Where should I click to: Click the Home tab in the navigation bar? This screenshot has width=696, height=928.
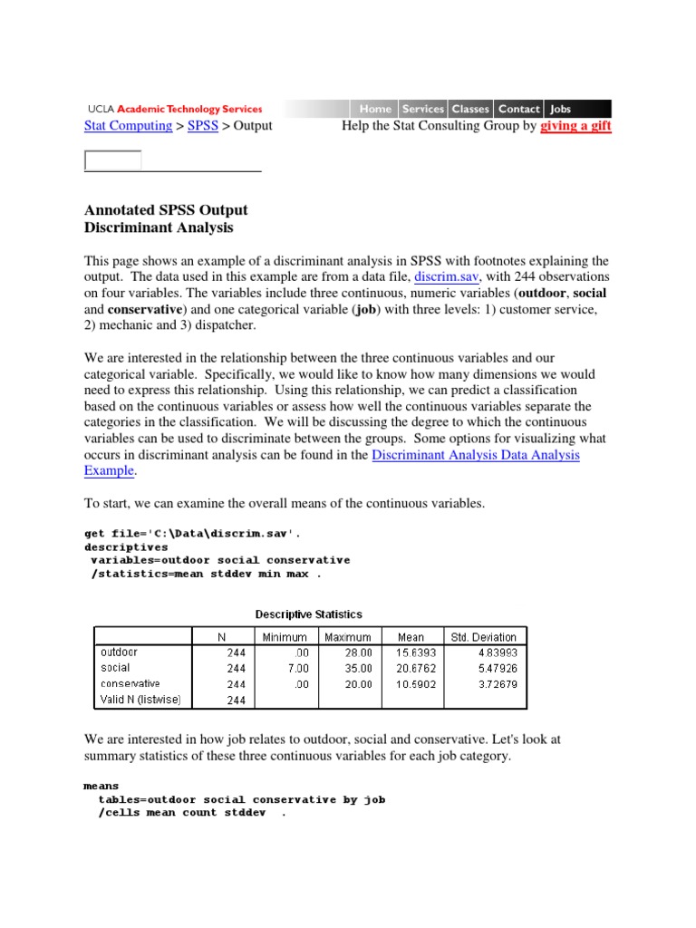coord(375,109)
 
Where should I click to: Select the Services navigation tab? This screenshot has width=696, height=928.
coord(423,109)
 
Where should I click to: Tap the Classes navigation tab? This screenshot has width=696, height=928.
coord(470,109)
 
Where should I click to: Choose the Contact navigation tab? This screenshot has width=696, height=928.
coord(518,109)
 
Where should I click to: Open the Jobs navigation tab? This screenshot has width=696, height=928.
coord(561,109)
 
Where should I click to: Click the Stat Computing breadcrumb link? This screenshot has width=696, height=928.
coord(128,126)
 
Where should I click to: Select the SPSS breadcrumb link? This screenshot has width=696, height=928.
coord(203,126)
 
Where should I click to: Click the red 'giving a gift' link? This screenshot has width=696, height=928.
coord(575,126)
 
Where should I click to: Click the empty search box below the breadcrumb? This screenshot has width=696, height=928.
coord(113,160)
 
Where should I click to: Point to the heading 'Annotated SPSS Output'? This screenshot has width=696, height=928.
coord(166,210)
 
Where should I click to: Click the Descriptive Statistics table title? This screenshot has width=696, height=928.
coord(308,614)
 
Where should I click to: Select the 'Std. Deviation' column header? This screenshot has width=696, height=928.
coord(483,637)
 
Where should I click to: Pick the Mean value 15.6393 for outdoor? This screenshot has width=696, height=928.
coord(411,652)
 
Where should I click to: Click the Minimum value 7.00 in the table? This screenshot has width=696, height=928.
coord(292,668)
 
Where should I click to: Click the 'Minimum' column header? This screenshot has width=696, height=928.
coord(285,637)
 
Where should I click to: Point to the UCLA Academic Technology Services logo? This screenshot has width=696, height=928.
coord(175,109)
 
